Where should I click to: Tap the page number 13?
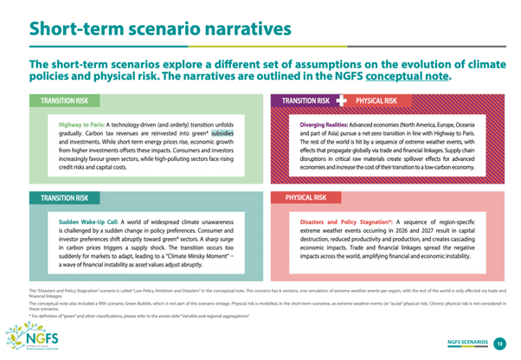point(499,344)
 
